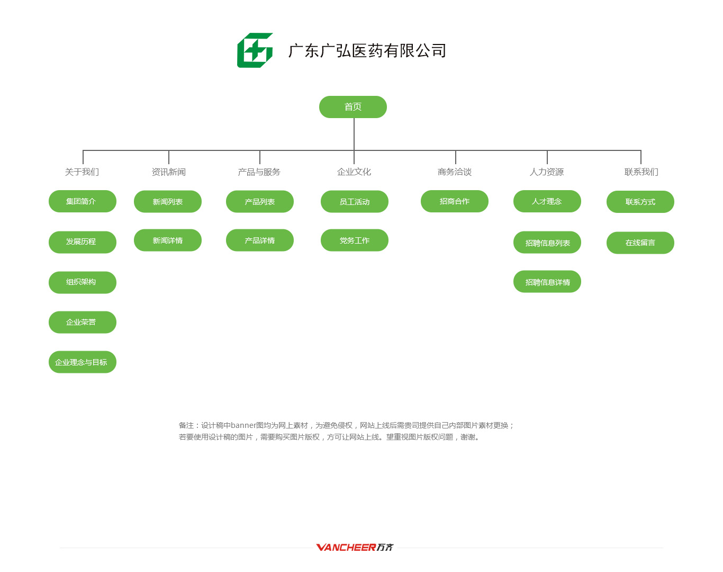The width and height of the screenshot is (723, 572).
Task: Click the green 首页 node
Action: pos(353,107)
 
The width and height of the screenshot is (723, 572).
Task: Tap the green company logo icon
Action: pos(255,50)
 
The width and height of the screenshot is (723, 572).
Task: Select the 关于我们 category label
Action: pos(82,172)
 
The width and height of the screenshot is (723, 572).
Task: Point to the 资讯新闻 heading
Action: pos(169,172)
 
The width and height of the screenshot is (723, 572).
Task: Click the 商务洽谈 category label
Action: pos(455,172)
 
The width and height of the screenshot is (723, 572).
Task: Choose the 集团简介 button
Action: pos(83,201)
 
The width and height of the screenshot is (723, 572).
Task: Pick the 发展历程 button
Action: pos(83,242)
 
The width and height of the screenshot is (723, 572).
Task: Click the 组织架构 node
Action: pos(83,282)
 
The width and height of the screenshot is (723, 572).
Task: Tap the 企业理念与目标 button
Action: pos(83,362)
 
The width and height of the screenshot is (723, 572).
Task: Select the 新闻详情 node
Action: pos(168,240)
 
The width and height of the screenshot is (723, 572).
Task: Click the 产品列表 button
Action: pos(260,201)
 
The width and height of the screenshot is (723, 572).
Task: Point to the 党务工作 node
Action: pos(355,240)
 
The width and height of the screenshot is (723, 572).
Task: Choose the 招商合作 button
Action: pos(455,201)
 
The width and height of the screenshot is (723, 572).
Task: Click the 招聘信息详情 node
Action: pos(547,281)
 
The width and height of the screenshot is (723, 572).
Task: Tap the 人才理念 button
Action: pos(547,201)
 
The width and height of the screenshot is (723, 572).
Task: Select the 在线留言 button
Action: pos(640,243)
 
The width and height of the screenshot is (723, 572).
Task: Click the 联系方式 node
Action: pos(640,202)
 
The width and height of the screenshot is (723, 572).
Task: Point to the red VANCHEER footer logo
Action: pos(355,547)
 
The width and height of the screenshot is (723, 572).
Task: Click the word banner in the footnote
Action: pos(243,425)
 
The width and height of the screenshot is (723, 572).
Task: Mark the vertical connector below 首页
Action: pos(354,134)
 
